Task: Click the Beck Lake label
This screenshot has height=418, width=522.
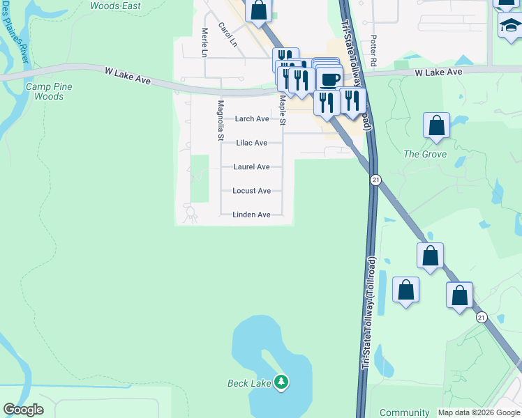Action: point(251,383)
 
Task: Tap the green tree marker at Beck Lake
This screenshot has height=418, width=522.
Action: point(281,382)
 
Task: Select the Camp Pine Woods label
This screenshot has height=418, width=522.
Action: point(49,91)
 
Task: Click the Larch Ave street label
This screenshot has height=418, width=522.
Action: point(252,119)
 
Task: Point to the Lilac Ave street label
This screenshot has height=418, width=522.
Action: point(252,143)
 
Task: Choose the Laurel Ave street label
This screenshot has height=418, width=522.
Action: point(252,167)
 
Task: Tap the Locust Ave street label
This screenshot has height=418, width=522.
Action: point(252,191)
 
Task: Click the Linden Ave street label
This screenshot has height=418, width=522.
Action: point(251,215)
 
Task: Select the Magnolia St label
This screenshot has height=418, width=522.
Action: point(221,121)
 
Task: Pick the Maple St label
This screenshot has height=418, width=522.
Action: point(283,110)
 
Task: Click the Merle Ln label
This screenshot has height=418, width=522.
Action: point(204,42)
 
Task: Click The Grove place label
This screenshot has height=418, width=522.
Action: point(425,154)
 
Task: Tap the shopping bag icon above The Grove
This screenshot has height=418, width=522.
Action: point(436,126)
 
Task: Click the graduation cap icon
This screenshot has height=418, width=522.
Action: point(510,26)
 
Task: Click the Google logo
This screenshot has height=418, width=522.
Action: point(23,410)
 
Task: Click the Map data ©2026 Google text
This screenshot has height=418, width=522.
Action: point(478,412)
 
